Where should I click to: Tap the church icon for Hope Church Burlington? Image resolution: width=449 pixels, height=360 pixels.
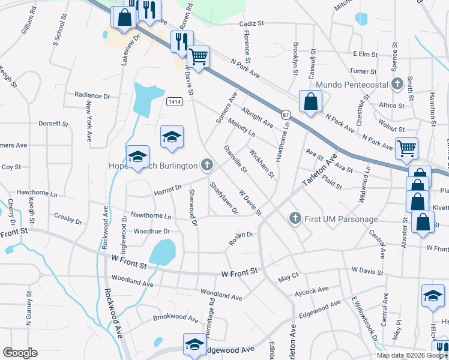[207, 164]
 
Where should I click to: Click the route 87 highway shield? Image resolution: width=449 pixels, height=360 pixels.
[286, 115]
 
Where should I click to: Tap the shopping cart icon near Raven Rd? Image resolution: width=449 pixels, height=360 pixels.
[199, 58]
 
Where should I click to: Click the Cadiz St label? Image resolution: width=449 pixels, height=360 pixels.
[252, 23]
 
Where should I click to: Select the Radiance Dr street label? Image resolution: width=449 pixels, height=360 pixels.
[92, 95]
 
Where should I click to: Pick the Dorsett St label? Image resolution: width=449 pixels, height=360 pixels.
[53, 124]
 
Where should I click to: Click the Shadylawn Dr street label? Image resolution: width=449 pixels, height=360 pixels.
[223, 198]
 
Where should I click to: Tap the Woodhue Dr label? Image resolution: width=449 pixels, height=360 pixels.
[152, 230]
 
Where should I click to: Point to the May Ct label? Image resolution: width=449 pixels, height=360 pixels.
[288, 278]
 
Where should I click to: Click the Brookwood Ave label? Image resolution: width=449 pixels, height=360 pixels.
[175, 317]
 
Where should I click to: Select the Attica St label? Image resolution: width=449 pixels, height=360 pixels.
[391, 105]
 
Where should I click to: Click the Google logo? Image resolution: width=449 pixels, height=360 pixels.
[20, 353]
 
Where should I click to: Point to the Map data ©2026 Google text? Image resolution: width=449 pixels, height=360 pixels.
[412, 355]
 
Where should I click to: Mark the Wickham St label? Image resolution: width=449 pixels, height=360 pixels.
[262, 164]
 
